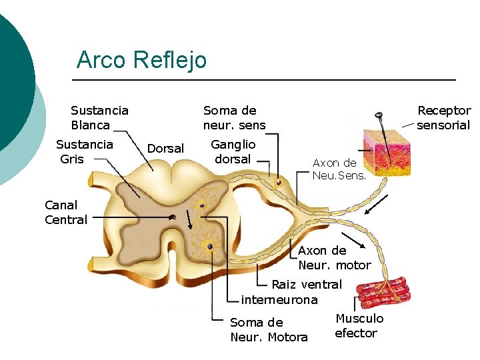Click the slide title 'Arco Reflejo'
tap(141, 60)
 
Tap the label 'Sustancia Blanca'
tap(99, 117)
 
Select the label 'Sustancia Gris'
tap(84, 151)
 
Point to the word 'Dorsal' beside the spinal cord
tap(165, 148)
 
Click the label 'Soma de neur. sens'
tap(234, 117)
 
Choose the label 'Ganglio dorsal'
tap(233, 151)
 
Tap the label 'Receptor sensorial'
tap(443, 117)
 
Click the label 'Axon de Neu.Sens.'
tap(335, 169)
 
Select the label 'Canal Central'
tap(66, 212)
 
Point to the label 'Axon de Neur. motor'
tap(334, 258)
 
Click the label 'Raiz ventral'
tap(306, 285)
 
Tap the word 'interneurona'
tap(279, 300)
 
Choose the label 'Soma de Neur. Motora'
tap(269, 330)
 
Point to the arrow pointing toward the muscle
tap(353, 241)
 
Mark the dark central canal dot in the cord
tap(173, 217)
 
